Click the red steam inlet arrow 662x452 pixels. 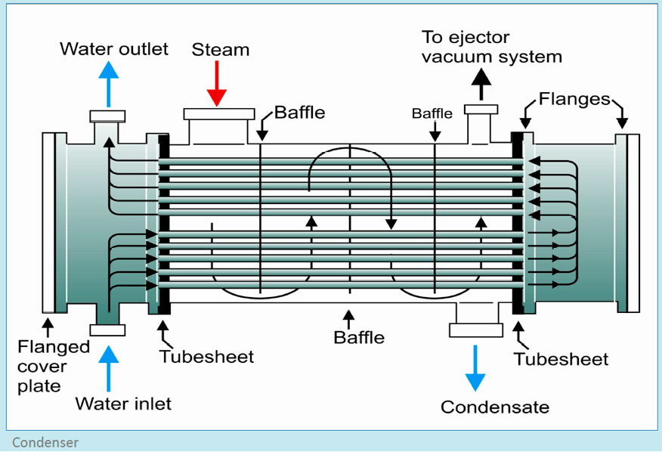click(x=217, y=84)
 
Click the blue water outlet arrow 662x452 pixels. click(x=110, y=84)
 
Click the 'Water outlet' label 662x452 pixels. click(x=114, y=50)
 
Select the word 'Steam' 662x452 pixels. click(x=220, y=50)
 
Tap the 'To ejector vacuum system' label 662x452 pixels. click(x=491, y=47)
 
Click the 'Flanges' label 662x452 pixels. click(x=574, y=99)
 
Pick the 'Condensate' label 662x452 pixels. click(x=494, y=407)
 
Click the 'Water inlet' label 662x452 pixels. click(x=123, y=404)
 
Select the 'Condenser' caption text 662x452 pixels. click(x=45, y=442)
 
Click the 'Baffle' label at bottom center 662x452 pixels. click(x=359, y=337)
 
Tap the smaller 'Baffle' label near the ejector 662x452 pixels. click(x=432, y=114)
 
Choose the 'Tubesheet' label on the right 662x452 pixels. click(x=561, y=359)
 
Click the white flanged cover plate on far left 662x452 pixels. click(x=48, y=222)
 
